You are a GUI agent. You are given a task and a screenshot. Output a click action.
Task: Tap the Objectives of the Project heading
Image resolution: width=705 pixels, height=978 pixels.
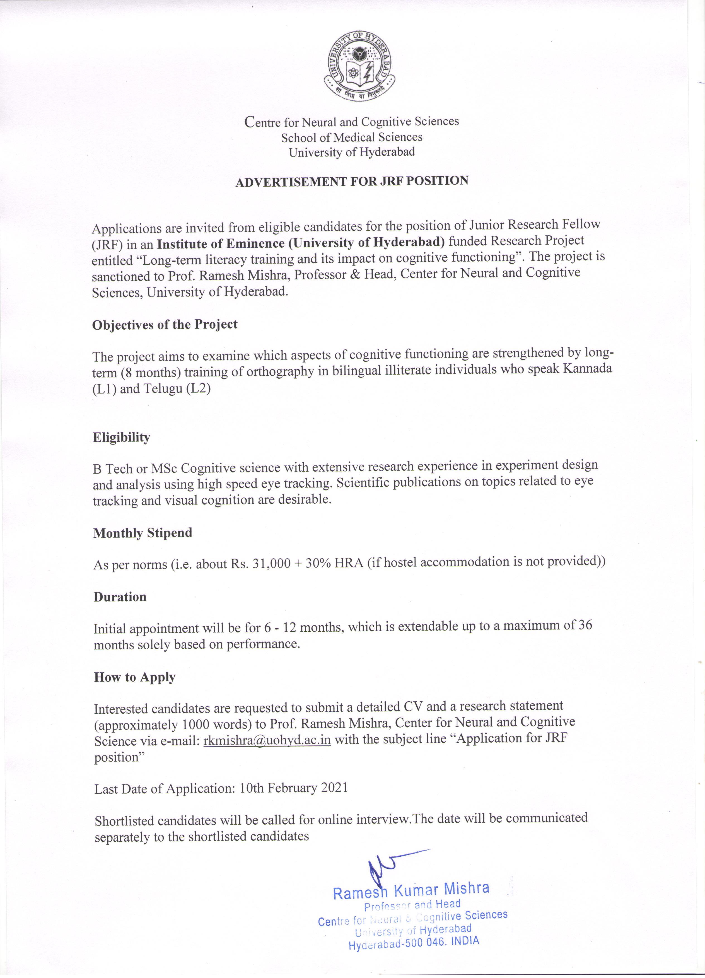(165, 325)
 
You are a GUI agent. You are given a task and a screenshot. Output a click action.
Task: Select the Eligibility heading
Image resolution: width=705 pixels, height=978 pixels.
(122, 437)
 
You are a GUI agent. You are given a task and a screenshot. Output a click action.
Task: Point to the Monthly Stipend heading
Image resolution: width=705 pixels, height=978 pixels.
(143, 533)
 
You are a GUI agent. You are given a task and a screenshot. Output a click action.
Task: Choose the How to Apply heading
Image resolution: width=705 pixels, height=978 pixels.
(134, 677)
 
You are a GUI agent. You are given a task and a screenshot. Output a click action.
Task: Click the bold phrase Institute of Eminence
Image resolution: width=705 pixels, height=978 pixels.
(221, 244)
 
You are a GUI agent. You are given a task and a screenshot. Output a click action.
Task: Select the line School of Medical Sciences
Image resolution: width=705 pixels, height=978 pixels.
(352, 137)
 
